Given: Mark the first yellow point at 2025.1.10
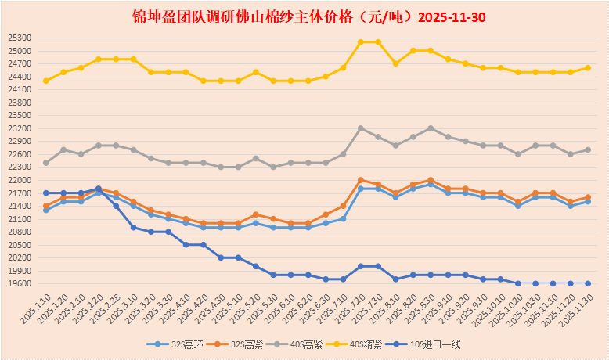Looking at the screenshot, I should pos(46,81).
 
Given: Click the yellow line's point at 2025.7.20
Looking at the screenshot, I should pos(361,42).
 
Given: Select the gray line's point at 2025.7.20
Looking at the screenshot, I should pos(361,128).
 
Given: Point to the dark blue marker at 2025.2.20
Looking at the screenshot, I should pos(99,189).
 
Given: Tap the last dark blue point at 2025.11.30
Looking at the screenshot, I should pos(588,283).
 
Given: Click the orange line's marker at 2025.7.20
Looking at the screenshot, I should pos(361,180).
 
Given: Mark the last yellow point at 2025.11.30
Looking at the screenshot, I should pos(588,68).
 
